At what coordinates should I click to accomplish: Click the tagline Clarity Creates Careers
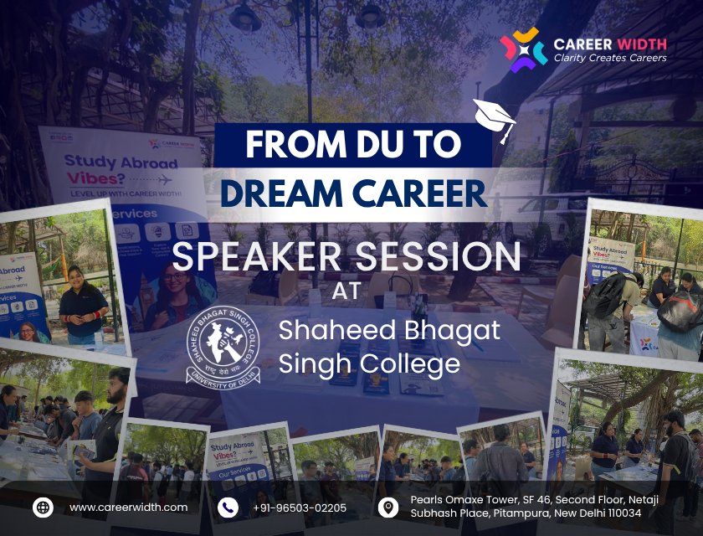coord(610,58)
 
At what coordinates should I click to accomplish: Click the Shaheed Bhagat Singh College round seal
coord(223,344)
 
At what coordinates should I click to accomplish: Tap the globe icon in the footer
coord(43,507)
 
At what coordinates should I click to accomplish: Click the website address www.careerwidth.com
coord(128,508)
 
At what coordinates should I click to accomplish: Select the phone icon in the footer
coord(228,507)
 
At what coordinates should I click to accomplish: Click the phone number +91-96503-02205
coord(299,508)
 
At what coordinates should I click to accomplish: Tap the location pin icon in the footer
coord(387,507)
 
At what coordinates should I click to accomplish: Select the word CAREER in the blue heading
coord(424,191)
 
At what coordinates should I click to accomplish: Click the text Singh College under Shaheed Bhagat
coord(369,363)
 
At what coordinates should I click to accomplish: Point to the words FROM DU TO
coord(352,144)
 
